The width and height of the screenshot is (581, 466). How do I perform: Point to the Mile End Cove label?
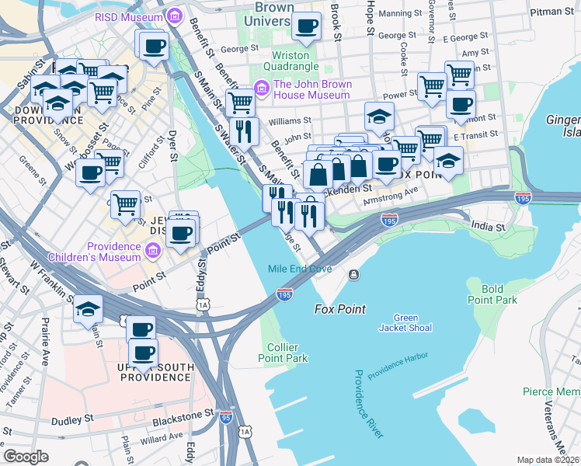coord(300,269)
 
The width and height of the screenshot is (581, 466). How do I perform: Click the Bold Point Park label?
coord(492,294)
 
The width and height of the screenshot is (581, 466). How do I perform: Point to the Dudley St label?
coord(72,420)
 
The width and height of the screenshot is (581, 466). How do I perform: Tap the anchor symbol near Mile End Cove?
coord(353,274)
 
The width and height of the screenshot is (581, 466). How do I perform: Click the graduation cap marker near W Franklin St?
coord(88,309)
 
